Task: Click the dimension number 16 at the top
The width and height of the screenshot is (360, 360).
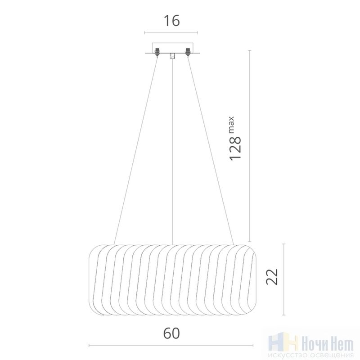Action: pyautogui.click(x=171, y=21)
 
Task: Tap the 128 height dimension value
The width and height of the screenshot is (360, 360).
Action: pyautogui.click(x=235, y=148)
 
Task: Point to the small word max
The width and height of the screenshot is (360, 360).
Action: pyautogui.click(x=231, y=125)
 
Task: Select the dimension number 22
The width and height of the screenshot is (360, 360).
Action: pyautogui.click(x=272, y=277)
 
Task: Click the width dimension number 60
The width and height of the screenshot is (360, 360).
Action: pyautogui.click(x=171, y=333)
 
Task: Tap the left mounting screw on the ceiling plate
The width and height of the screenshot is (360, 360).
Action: pyautogui.click(x=157, y=52)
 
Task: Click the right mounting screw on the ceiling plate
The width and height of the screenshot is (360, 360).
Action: pyautogui.click(x=188, y=52)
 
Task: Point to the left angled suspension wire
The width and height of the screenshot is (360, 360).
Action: pyautogui.click(x=136, y=151)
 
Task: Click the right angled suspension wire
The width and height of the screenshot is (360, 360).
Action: pyautogui.click(x=211, y=151)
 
